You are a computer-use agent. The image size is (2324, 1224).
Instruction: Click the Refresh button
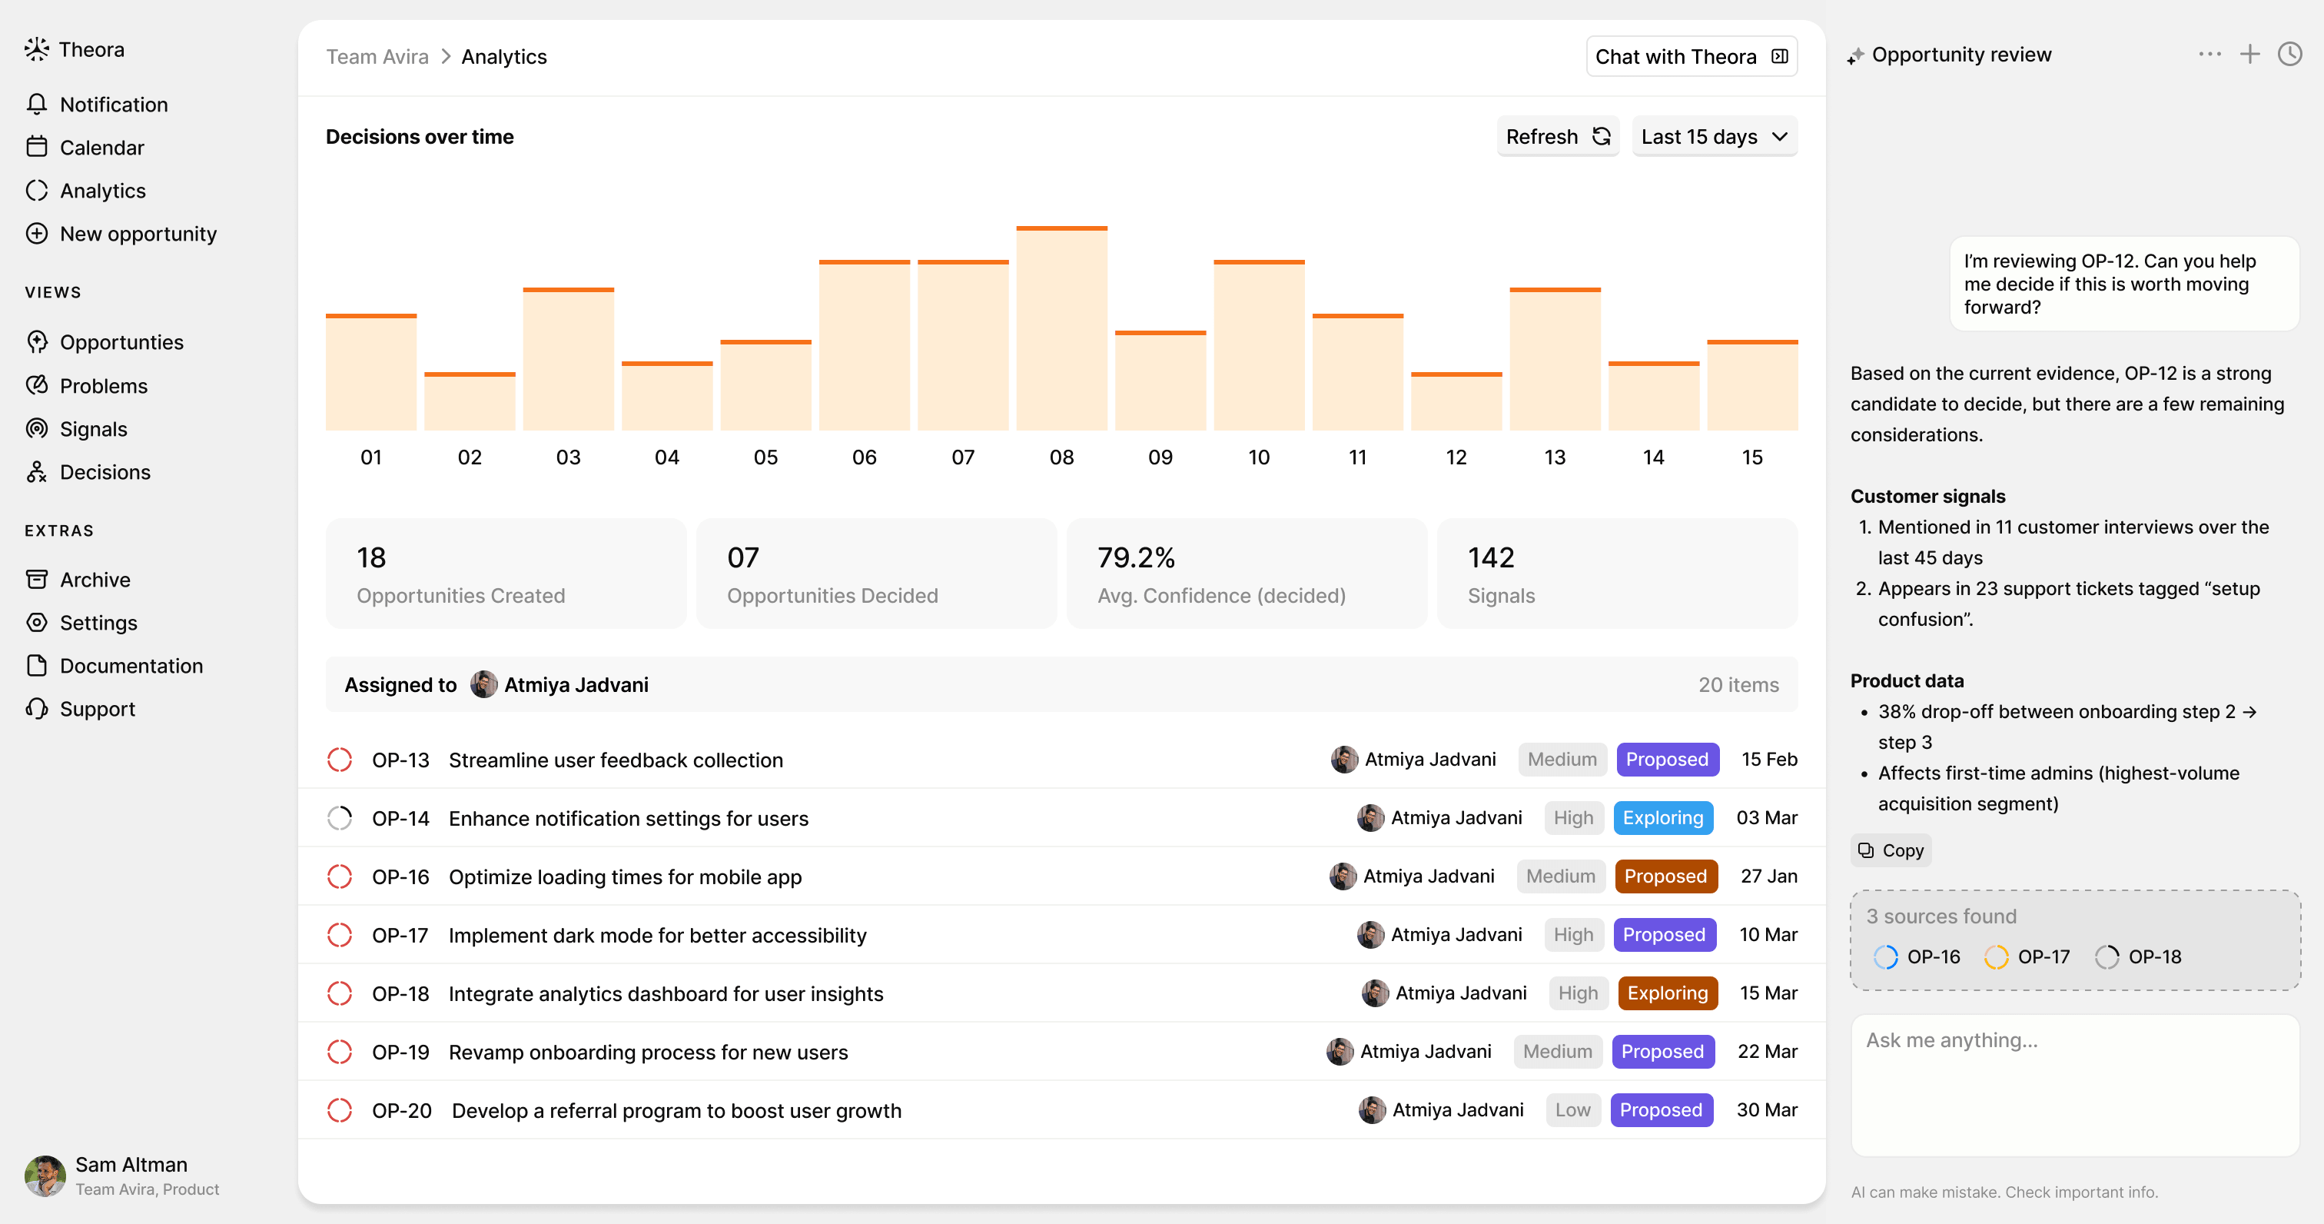(1557, 136)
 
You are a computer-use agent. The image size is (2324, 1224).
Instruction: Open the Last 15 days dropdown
(1713, 136)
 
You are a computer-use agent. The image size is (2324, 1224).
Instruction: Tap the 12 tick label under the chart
(1456, 457)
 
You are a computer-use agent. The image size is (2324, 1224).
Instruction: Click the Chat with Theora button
(1691, 57)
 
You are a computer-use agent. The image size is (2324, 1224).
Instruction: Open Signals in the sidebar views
(93, 429)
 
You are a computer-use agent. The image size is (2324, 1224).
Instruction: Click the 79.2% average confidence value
(1136, 558)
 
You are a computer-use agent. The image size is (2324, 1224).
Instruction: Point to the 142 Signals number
(1490, 558)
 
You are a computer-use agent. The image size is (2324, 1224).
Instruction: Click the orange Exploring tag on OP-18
(1666, 993)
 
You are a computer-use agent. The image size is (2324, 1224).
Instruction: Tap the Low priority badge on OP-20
(1572, 1110)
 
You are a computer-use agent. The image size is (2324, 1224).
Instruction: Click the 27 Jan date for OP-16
(1768, 876)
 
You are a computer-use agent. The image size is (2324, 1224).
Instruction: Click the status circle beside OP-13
(339, 760)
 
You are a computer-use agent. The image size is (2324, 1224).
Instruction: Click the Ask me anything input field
(2074, 1083)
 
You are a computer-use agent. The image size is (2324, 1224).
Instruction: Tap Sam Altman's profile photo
(45, 1176)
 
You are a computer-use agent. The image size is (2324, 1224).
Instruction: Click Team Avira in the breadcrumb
(377, 57)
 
